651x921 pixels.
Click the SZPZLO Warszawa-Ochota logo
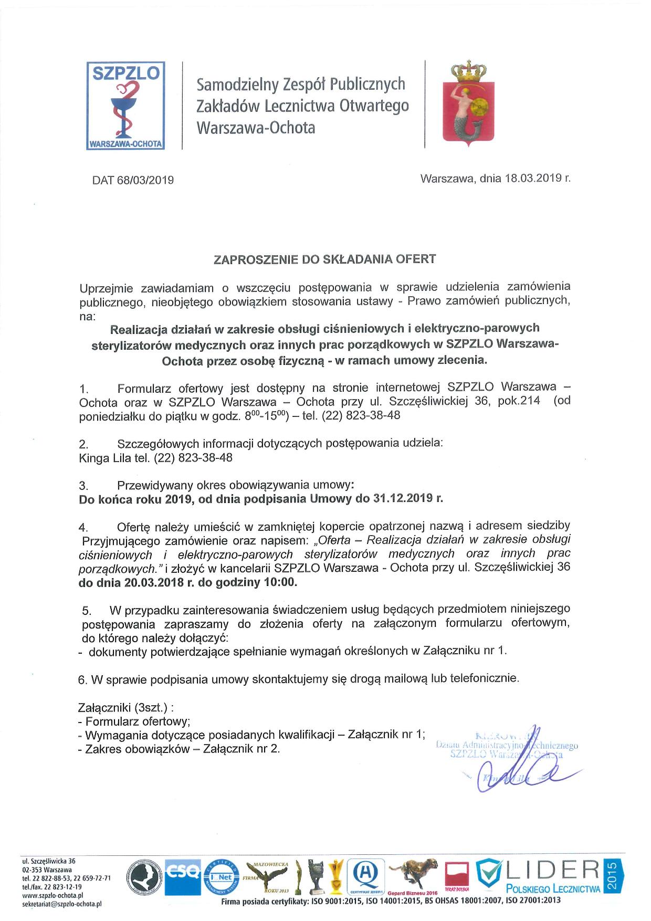click(x=126, y=106)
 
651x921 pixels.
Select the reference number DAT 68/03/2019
click(x=133, y=180)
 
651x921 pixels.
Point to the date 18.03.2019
click(x=533, y=178)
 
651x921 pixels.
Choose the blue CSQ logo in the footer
click(x=182, y=873)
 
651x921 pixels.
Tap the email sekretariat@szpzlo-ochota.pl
click(x=61, y=904)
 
